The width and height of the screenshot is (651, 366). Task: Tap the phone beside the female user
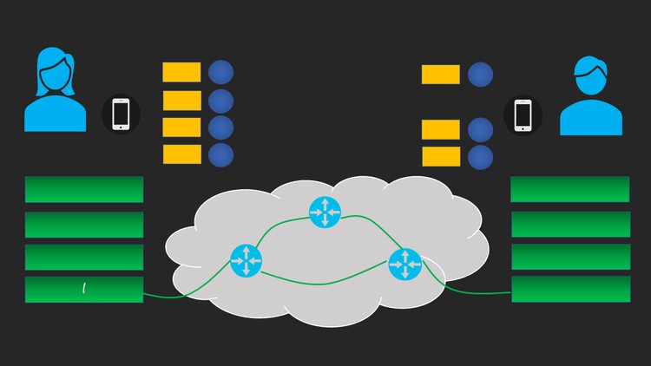[121, 114]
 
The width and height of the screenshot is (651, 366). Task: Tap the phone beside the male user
[523, 114]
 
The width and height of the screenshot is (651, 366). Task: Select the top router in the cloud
[325, 212]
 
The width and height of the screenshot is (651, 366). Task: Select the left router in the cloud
[246, 260]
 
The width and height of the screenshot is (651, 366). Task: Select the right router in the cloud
[404, 264]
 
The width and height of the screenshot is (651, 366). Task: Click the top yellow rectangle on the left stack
[181, 72]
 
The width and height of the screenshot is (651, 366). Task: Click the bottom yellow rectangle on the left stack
[181, 154]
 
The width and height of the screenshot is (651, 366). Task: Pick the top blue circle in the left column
[220, 72]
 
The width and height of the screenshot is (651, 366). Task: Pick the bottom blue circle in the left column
[220, 155]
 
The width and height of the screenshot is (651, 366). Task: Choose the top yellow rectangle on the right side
[441, 74]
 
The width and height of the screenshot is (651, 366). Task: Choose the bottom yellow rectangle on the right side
[441, 157]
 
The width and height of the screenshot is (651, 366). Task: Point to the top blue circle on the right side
[480, 75]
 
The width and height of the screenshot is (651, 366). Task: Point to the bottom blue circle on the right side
[480, 157]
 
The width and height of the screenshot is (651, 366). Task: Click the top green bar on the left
[84, 189]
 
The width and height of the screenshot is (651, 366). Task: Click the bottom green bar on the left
[84, 290]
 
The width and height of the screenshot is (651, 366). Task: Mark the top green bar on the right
[569, 189]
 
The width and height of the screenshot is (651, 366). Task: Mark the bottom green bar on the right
[570, 290]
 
